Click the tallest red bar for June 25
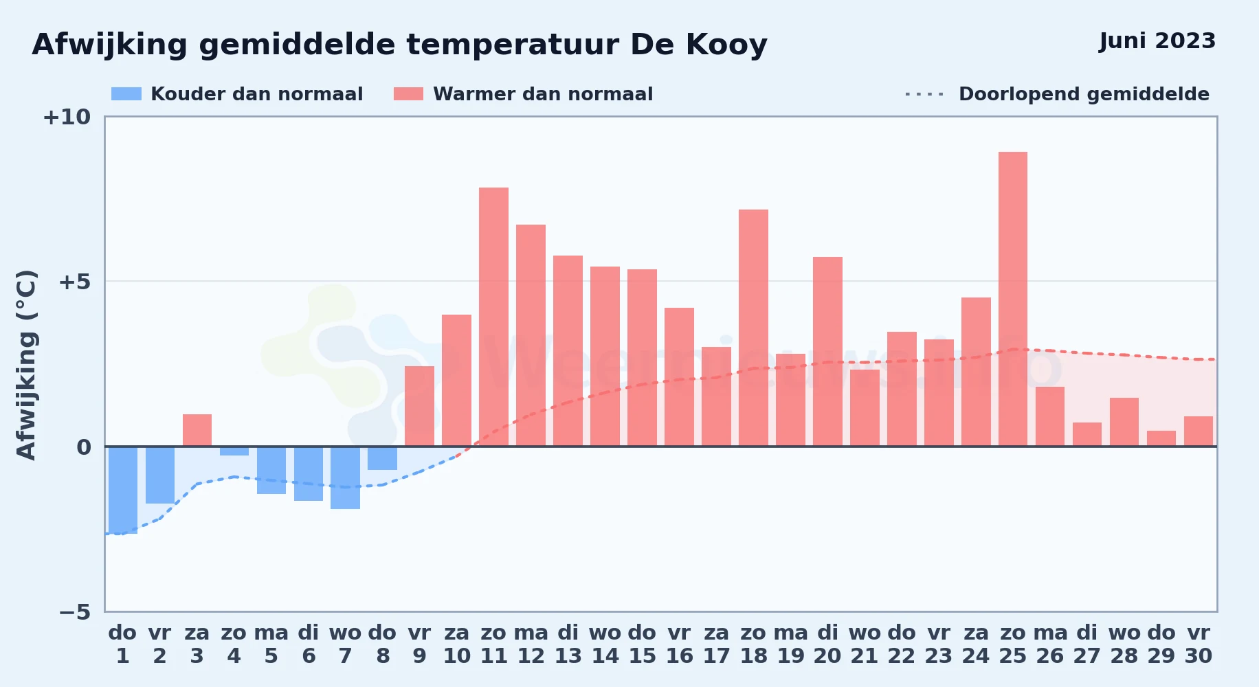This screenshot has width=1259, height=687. [x=1013, y=299]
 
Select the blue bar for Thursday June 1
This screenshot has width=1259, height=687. [x=123, y=490]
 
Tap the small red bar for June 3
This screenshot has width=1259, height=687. [x=197, y=430]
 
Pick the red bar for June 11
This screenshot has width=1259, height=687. [x=493, y=317]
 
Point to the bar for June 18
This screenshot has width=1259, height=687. [x=753, y=328]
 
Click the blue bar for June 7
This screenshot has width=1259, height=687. [x=345, y=477]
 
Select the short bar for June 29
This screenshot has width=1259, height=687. [x=1161, y=438]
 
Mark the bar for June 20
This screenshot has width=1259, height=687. [x=827, y=352]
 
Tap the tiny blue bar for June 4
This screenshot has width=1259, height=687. [x=234, y=451]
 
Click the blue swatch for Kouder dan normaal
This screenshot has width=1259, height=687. [x=126, y=94]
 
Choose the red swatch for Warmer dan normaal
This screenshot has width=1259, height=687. [x=408, y=94]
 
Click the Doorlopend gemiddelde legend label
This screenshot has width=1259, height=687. [x=1084, y=94]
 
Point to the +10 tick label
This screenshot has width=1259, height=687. [x=67, y=117]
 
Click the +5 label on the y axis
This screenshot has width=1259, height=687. [x=74, y=282]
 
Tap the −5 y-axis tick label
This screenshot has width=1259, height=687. [x=74, y=611]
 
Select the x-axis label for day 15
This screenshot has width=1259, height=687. [x=642, y=644]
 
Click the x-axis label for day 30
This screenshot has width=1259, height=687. [x=1199, y=644]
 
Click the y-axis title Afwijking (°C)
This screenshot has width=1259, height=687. [x=26, y=365]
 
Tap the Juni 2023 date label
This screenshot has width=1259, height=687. [x=1157, y=41]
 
